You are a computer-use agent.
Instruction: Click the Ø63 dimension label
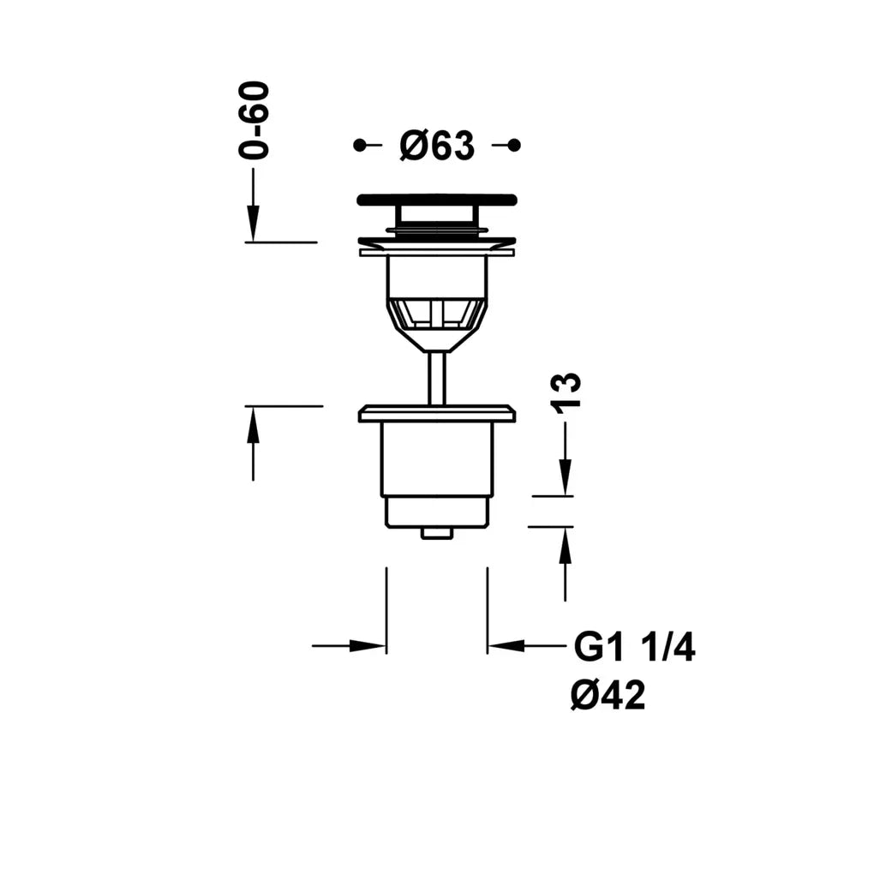click(437, 146)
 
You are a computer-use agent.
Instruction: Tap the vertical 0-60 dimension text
click(254, 121)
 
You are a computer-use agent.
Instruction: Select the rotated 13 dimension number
click(566, 393)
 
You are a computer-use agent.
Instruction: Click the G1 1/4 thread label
click(634, 648)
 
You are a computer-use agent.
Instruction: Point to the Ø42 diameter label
click(608, 695)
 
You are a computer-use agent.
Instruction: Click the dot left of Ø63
click(360, 146)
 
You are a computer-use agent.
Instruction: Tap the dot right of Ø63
click(514, 146)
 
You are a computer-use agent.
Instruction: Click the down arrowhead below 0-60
click(253, 224)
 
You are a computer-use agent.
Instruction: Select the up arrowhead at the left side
click(253, 425)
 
